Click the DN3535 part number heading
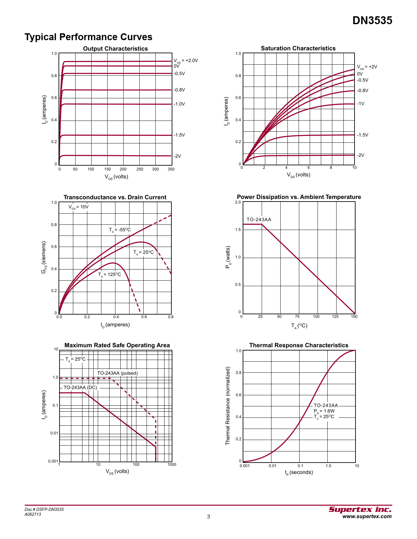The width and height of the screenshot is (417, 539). (x=372, y=21)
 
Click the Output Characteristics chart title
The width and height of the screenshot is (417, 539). (x=115, y=49)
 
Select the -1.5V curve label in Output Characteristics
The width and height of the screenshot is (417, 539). (x=179, y=135)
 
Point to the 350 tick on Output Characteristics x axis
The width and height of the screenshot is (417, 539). (x=171, y=169)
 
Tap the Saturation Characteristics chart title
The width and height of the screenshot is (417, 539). (x=298, y=48)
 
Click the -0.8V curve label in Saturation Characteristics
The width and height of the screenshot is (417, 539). (x=362, y=90)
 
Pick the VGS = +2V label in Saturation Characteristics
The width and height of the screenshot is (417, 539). (x=367, y=67)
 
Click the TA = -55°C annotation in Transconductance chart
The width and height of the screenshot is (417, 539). (x=120, y=230)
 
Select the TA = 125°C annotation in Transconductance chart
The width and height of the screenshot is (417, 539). (x=110, y=275)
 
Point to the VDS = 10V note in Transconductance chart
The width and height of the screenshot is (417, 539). (x=78, y=207)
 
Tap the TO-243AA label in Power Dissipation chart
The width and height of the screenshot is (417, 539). (x=259, y=220)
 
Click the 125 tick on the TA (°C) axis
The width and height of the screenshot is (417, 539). (x=335, y=317)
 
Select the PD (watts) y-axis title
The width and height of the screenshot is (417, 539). (x=228, y=257)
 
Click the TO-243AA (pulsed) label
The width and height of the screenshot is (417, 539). (x=117, y=373)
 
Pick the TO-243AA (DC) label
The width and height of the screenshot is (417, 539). (x=80, y=387)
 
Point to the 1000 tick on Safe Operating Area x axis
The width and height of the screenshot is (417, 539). (x=172, y=465)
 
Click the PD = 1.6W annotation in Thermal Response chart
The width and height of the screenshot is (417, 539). (x=324, y=411)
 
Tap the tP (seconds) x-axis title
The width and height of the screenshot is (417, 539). (x=299, y=472)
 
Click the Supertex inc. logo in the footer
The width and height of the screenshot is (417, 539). (x=360, y=510)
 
